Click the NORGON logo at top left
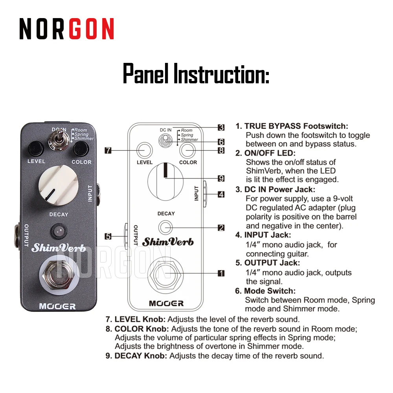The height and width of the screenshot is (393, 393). click(67, 29)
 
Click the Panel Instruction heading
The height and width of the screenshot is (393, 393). click(196, 73)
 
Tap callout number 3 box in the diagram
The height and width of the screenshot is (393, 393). click(221, 128)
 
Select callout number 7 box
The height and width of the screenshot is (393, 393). click(108, 151)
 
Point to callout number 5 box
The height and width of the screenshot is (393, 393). click(108, 236)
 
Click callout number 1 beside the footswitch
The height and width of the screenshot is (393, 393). click(221, 273)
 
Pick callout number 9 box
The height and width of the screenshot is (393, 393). click(221, 178)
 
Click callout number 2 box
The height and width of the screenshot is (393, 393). click(221, 228)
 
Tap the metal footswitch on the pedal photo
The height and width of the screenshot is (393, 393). click(59, 275)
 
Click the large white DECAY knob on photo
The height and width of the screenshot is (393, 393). click(59, 185)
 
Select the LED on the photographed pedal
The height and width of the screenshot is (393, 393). click(59, 231)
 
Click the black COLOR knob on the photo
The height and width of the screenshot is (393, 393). click(81, 149)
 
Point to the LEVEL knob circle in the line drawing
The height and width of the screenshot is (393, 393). click(145, 151)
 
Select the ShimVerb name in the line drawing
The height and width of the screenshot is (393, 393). click(168, 242)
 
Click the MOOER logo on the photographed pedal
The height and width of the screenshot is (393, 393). click(57, 307)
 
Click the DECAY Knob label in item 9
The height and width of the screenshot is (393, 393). click(141, 356)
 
